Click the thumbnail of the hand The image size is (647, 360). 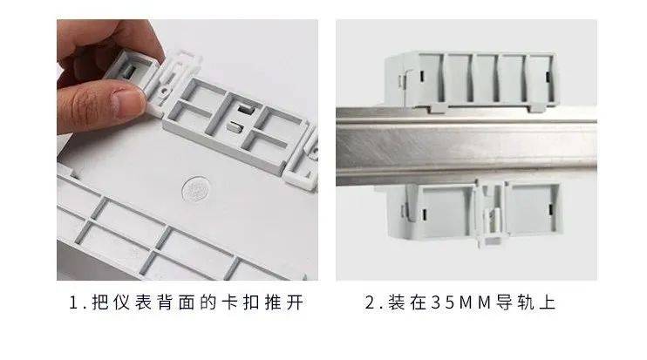click(x=128, y=101)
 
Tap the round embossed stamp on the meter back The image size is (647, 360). click(x=196, y=189)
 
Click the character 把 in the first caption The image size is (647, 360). click(x=100, y=302)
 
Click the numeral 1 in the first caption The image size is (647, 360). click(x=74, y=302)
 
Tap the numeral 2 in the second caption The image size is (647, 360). click(x=370, y=302)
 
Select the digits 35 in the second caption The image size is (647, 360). click(x=443, y=302)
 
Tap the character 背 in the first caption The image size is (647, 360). click(x=165, y=302)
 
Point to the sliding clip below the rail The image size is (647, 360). click(x=491, y=214)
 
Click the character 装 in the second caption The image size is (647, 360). click(x=396, y=302)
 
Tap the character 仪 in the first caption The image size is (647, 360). click(x=121, y=302)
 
